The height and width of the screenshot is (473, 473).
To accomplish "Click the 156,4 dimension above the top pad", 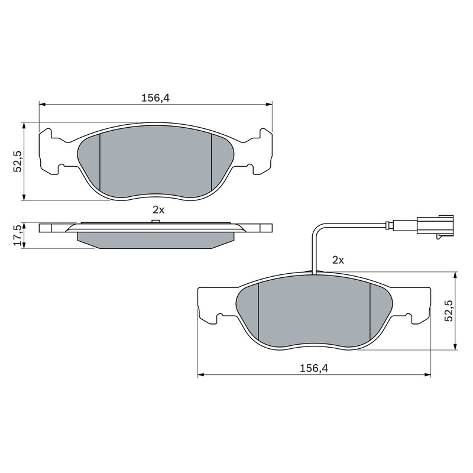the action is pos(155,98).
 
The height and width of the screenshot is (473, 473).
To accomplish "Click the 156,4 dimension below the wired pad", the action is pos(314,368).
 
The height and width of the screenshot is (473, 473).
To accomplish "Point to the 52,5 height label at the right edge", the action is pos(449,311).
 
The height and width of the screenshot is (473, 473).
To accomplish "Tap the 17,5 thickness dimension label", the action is pos(18,235).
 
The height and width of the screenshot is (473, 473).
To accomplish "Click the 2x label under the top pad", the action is pos(158,210).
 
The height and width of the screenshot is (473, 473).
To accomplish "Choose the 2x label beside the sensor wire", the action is pos(338,260).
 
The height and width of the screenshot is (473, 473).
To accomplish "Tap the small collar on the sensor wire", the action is pos(388,225).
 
